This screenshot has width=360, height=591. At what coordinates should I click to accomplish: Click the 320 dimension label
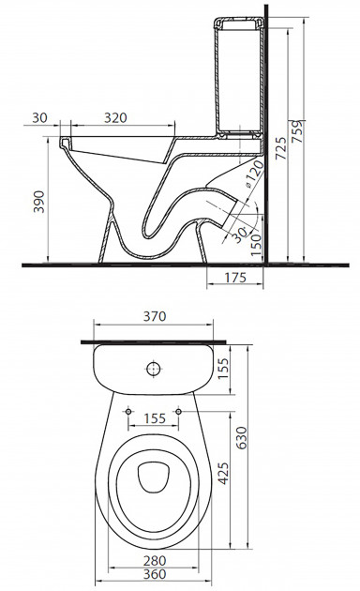[115, 118]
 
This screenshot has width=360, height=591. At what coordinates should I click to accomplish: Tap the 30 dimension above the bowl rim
[39, 118]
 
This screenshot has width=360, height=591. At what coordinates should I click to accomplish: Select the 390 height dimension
[39, 202]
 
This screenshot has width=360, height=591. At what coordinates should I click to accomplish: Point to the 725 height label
[280, 148]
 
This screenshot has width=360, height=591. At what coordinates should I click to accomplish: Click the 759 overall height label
[297, 131]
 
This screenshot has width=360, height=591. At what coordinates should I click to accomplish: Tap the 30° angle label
[238, 235]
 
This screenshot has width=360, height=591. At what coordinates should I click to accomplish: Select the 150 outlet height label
[256, 245]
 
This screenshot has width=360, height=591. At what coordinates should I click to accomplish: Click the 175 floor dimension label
[235, 278]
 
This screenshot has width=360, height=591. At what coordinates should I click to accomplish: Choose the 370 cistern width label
[155, 316]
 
